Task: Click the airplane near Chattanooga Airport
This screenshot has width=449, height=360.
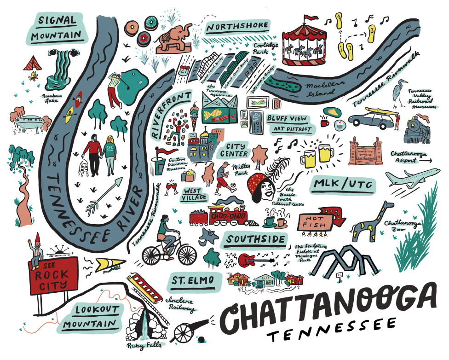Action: click(409, 179)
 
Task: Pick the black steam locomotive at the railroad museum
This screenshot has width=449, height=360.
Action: click(418, 129)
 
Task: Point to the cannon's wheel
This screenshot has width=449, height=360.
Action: click(184, 332)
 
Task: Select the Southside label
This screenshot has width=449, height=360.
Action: click(254, 240)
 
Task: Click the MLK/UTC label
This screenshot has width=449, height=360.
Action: click(343, 185)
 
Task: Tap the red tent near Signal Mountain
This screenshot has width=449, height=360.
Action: click(33, 62)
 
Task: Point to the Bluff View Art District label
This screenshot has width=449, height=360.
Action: click(288, 123)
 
